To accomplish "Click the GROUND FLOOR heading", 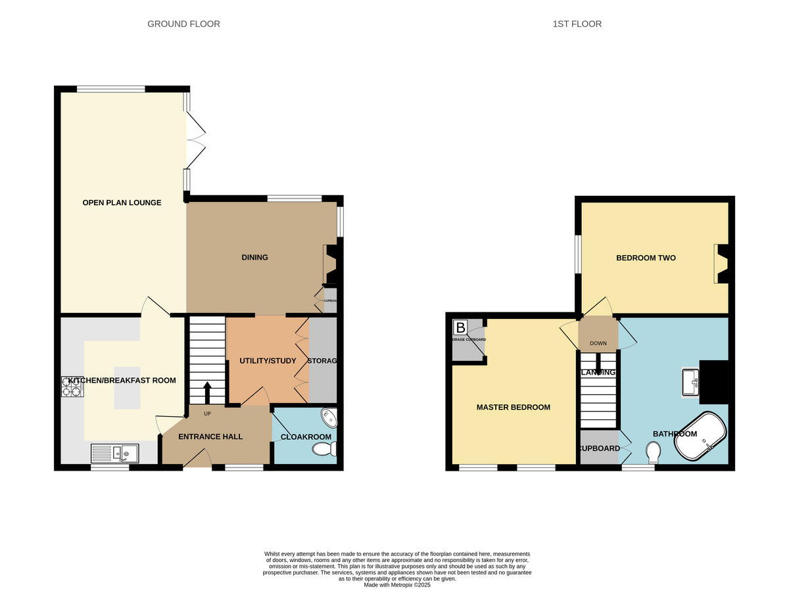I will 183,24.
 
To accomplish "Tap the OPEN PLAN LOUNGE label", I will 122,202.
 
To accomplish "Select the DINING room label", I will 254,257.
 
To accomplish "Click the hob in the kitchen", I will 72,387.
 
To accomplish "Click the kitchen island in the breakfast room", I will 128,386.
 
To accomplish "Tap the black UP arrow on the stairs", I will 207,393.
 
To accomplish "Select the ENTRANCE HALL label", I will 210,436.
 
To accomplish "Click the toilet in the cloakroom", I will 324,449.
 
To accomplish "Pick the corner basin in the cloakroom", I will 328,419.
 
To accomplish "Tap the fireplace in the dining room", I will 329,266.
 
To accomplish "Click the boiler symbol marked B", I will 460,327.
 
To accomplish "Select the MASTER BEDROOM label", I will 513,408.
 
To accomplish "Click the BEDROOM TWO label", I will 646,258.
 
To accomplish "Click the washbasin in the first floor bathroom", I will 690,383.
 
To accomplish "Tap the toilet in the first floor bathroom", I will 654,452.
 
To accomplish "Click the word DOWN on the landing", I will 598,343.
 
